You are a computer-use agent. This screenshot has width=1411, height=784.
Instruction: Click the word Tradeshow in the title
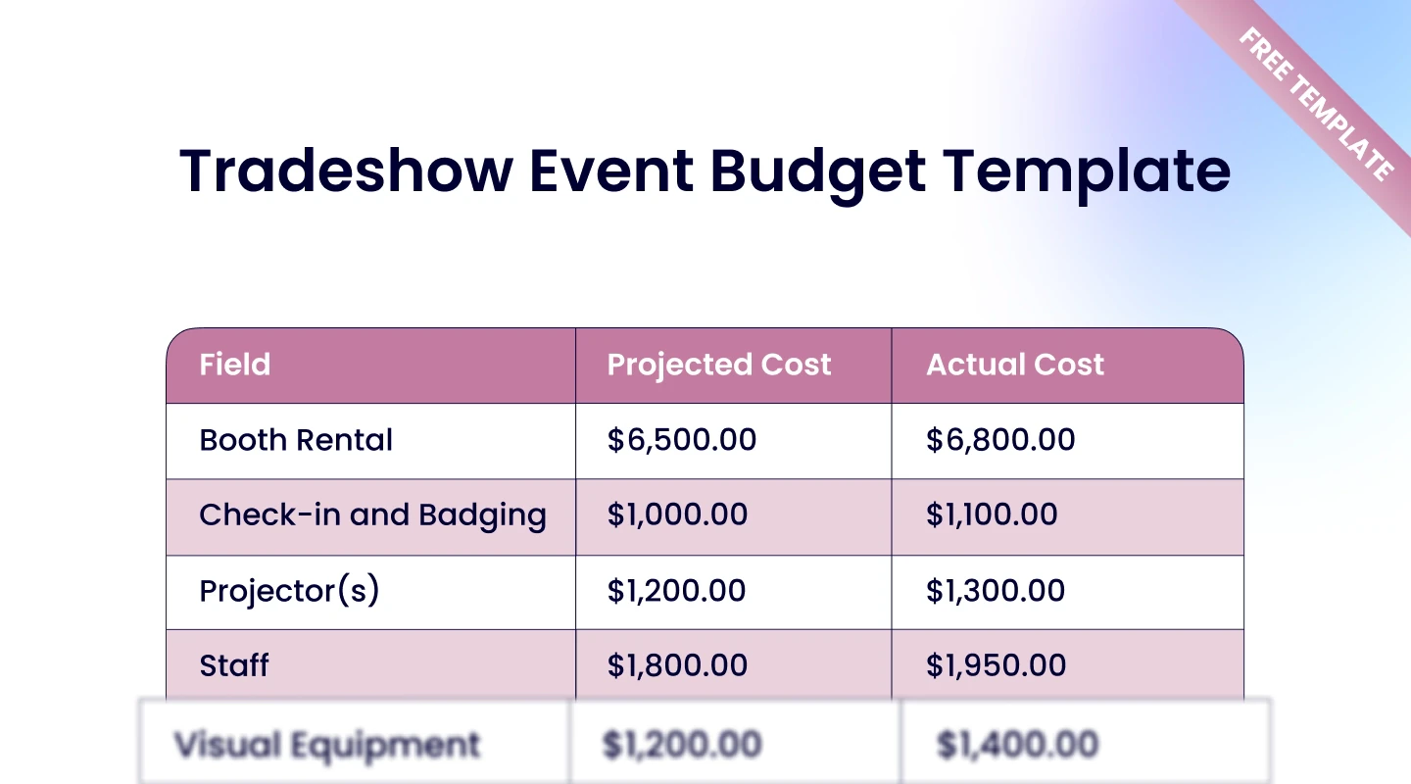[347, 171]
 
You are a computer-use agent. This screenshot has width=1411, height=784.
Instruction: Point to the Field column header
[235, 365]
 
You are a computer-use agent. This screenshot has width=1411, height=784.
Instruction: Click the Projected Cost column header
[719, 365]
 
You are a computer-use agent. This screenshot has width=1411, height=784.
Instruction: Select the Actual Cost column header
[1015, 365]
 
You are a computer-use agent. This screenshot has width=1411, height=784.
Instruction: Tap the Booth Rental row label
[296, 440]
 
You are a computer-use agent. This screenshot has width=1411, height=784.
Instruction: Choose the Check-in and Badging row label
[372, 515]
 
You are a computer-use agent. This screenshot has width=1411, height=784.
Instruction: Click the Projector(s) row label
[289, 591]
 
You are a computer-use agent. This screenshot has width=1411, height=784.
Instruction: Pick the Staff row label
[234, 665]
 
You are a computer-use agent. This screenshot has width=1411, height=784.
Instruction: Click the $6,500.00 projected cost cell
[682, 440]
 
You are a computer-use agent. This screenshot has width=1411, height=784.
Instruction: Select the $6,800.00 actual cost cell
[1000, 440]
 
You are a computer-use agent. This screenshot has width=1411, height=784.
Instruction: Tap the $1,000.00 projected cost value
[677, 515]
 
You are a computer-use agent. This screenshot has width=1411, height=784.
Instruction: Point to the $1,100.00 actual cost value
[992, 515]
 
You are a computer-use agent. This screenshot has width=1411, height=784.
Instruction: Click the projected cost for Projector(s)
[676, 591]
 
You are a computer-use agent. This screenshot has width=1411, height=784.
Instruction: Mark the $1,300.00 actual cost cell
[996, 591]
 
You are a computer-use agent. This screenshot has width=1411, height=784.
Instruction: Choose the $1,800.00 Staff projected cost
[677, 665]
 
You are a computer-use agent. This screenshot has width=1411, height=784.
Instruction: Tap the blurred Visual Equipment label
[327, 746]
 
